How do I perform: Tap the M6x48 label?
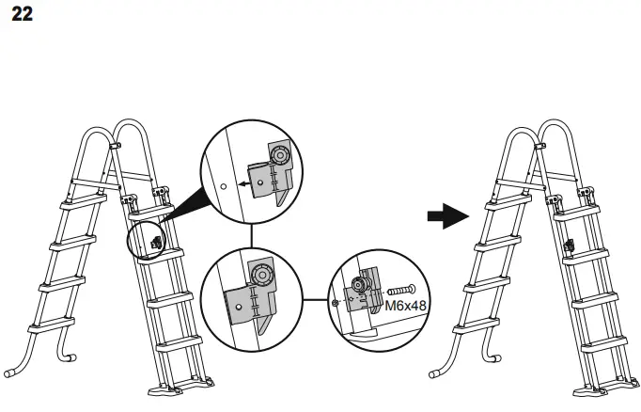[x=403, y=307]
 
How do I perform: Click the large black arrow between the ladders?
[x=447, y=217]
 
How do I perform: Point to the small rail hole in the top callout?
[x=223, y=186]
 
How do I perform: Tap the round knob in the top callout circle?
[x=281, y=154]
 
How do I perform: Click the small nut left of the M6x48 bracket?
[x=336, y=303]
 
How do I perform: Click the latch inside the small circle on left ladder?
[x=154, y=241]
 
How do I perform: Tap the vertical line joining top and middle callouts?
[x=252, y=235]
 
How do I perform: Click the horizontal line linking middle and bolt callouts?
[x=316, y=300]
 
